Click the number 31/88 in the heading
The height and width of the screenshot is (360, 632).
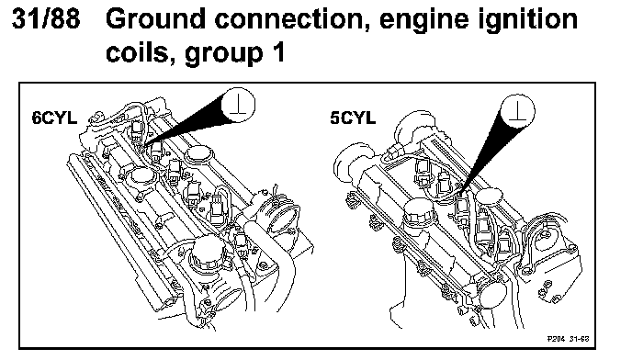click(46, 18)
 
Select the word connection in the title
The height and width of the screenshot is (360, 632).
click(288, 19)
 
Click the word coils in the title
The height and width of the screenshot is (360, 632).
click(137, 52)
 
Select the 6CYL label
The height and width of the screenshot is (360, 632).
click(54, 118)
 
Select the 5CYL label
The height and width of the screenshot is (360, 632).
click(353, 118)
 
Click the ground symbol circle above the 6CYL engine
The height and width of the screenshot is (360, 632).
click(238, 105)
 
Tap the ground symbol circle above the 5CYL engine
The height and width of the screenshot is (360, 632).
click(517, 111)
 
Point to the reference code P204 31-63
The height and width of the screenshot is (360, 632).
click(568, 339)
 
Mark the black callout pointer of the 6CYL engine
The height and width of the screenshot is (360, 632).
click(189, 123)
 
